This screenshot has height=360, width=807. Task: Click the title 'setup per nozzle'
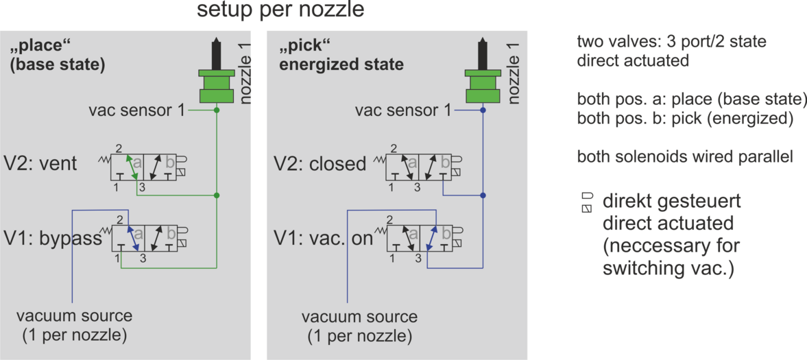pyautogui.click(x=280, y=11)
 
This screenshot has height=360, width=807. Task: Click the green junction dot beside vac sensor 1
pyautogui.click(x=217, y=110)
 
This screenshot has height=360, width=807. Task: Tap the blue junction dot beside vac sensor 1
pyautogui.click(x=483, y=110)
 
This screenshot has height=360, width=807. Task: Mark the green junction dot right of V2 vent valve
pyautogui.click(x=217, y=195)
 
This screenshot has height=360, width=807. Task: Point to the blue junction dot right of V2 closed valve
pyautogui.click(x=483, y=195)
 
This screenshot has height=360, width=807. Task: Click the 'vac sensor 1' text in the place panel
pyautogui.click(x=136, y=110)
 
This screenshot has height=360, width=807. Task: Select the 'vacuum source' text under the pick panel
pyautogui.click(x=360, y=315)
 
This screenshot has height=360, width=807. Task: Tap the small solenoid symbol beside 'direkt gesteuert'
pyautogui.click(x=587, y=202)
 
